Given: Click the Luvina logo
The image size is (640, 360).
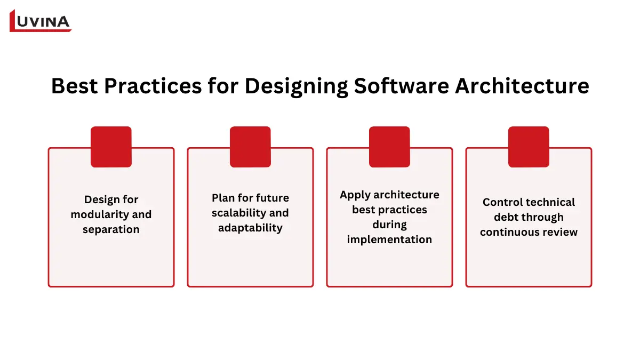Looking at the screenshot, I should click(41, 21).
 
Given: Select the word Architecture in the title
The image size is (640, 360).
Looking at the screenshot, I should click(522, 86).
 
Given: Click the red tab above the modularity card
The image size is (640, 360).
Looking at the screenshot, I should click(111, 147).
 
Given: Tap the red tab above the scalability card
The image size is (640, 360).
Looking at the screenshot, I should click(250, 147).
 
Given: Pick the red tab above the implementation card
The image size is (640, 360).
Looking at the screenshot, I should click(389, 147).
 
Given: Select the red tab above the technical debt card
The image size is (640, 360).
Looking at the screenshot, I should click(529, 147).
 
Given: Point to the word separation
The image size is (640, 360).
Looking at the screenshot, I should click(111, 229).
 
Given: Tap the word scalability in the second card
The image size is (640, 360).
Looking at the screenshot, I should click(236, 213).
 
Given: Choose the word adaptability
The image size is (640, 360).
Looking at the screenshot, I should click(250, 228).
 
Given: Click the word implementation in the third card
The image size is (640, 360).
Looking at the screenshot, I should click(389, 239).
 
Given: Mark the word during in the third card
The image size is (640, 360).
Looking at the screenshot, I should click(389, 225).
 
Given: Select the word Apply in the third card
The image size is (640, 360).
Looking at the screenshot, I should click(354, 195).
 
